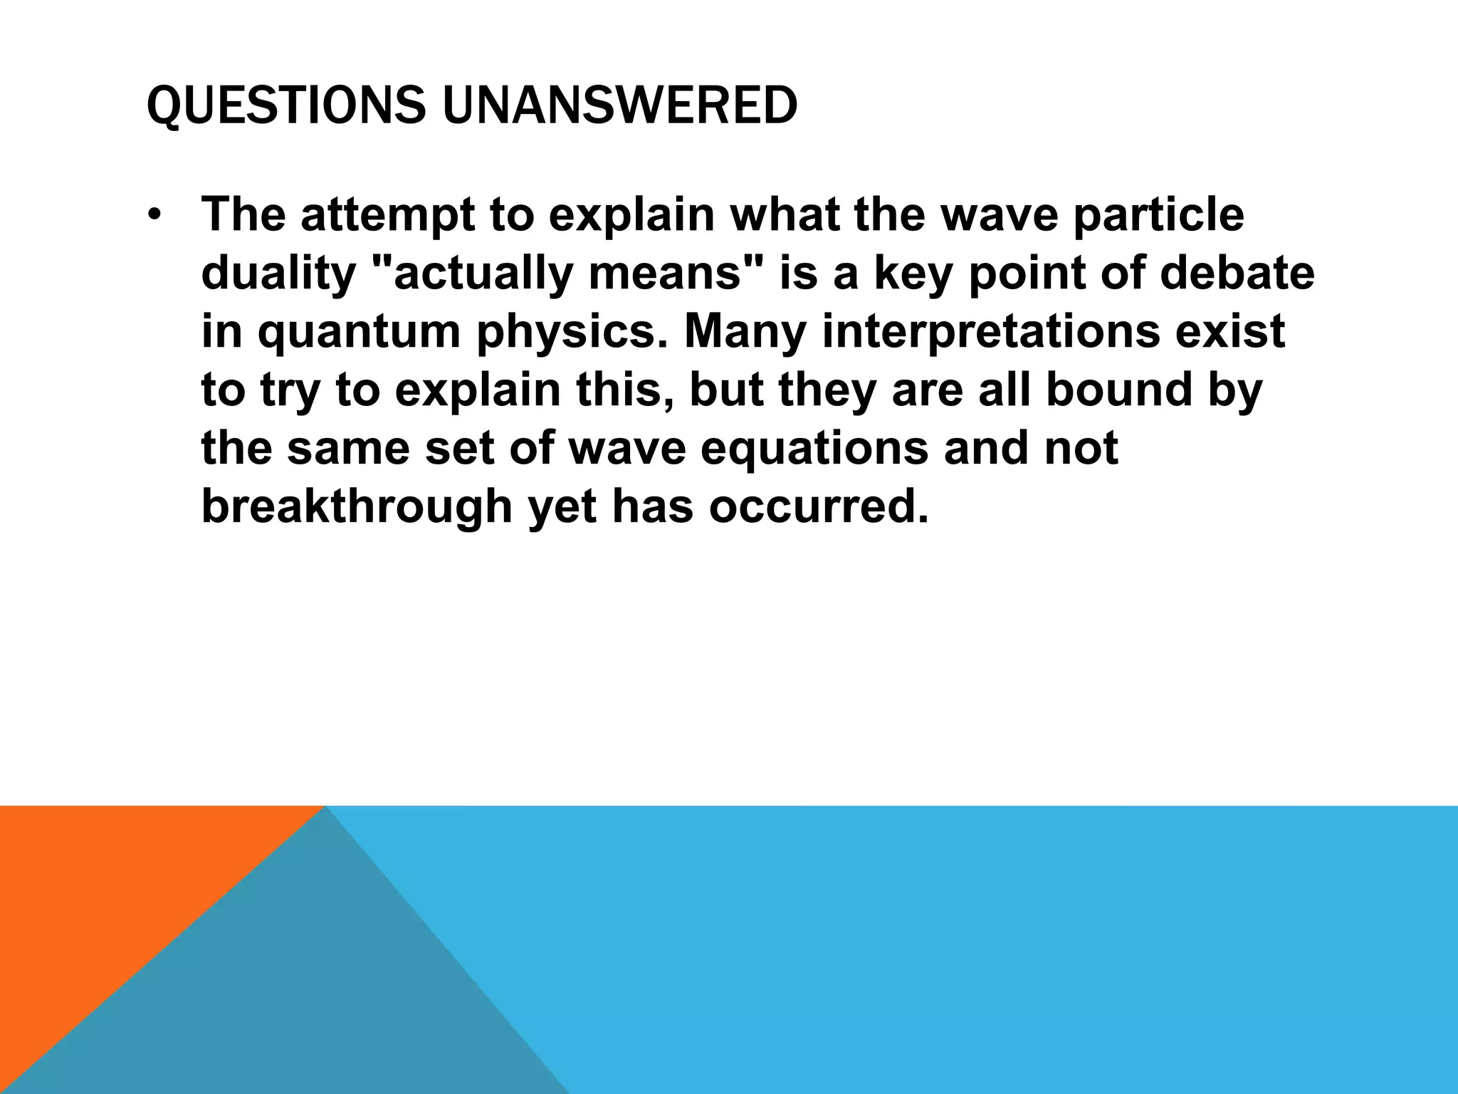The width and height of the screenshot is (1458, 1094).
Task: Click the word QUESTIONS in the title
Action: pyautogui.click(x=285, y=105)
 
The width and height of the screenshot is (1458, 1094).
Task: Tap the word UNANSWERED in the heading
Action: pyautogui.click(x=619, y=105)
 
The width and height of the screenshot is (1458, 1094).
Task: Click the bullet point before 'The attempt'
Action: pyautogui.click(x=155, y=214)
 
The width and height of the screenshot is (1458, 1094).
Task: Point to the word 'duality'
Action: pyautogui.click(x=278, y=273)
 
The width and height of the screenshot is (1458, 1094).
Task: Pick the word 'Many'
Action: pyautogui.click(x=745, y=332)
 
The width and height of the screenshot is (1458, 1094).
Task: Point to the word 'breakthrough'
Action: pyautogui.click(x=357, y=506)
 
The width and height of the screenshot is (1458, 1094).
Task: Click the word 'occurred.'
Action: pyautogui.click(x=819, y=506)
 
